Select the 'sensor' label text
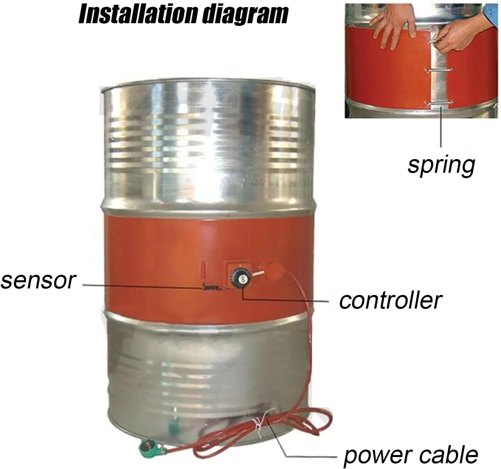click(x=38, y=281)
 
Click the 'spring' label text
click(x=441, y=165)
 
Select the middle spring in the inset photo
click(x=439, y=70)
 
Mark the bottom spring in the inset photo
click(x=439, y=103)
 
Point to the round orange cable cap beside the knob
click(x=273, y=270)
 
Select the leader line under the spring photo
click(x=441, y=126)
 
